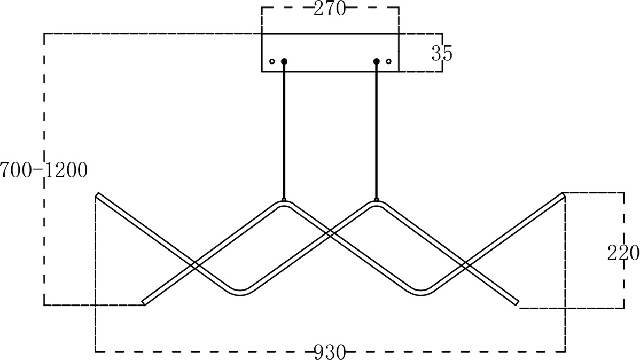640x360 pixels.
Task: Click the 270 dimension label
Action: point(330,9)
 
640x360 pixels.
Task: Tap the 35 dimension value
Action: point(442,53)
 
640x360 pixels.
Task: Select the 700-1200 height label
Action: point(44,170)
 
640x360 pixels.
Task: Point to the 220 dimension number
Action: point(623,253)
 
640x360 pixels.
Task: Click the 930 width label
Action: point(330,352)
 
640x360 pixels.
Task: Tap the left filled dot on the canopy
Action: point(284,61)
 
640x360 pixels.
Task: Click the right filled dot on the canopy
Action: point(376,61)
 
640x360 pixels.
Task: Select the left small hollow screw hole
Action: point(272,61)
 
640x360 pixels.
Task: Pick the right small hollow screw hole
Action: point(388,61)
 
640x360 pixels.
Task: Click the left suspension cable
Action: point(284,131)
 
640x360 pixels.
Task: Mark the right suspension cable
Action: point(376,131)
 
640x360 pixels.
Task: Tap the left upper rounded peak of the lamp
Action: point(284,203)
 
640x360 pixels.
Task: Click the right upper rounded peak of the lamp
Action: point(376,203)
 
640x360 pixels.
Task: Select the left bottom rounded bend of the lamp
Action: point(240,293)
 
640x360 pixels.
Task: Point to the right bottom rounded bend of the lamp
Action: point(421,293)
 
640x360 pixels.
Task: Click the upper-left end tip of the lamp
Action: point(97,194)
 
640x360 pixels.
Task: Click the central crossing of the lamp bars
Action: point(330,234)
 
